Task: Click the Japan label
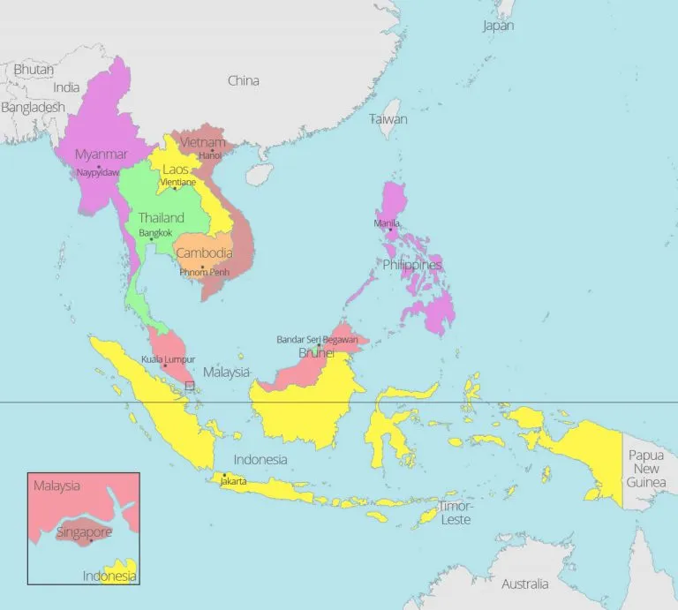(x=498, y=26)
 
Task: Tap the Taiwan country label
(x=388, y=118)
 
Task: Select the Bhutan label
(x=34, y=69)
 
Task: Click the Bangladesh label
(x=33, y=107)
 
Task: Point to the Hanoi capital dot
(x=212, y=149)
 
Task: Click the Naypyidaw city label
(x=97, y=173)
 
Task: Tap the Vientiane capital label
(x=177, y=182)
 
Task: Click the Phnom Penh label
(x=204, y=273)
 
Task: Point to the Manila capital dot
(x=389, y=230)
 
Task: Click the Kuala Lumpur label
(x=168, y=359)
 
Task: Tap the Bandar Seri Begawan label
(x=317, y=339)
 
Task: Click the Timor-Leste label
(x=456, y=513)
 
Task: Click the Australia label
(x=524, y=584)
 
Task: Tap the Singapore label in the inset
(x=84, y=532)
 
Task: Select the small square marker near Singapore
(x=190, y=386)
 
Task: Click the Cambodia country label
(x=204, y=252)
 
